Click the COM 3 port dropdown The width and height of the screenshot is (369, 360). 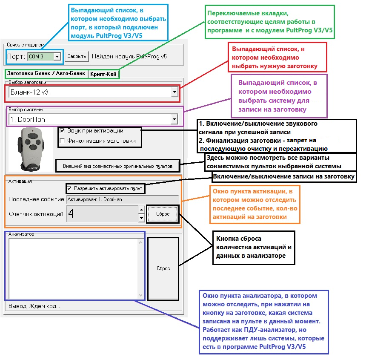pos(44,56)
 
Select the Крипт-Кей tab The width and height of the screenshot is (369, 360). pos(103,74)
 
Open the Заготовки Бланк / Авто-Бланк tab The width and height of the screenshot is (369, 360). pos(46,74)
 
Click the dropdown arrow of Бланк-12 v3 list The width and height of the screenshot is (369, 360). pos(174,92)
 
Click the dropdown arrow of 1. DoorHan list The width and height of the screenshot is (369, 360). pos(174,120)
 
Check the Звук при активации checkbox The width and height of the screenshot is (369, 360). pos(63,131)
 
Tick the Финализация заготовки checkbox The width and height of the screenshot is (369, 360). pos(63,141)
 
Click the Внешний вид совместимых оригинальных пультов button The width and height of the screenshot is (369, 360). pos(117,166)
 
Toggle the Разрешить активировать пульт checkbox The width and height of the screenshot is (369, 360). pos(69,188)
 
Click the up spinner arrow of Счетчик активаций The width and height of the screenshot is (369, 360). pos(142,210)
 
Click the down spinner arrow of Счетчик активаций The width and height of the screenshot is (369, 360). pos(142,218)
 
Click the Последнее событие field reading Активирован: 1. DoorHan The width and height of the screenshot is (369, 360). pos(122,199)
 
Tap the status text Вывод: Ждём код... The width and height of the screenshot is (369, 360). pos(34,306)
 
